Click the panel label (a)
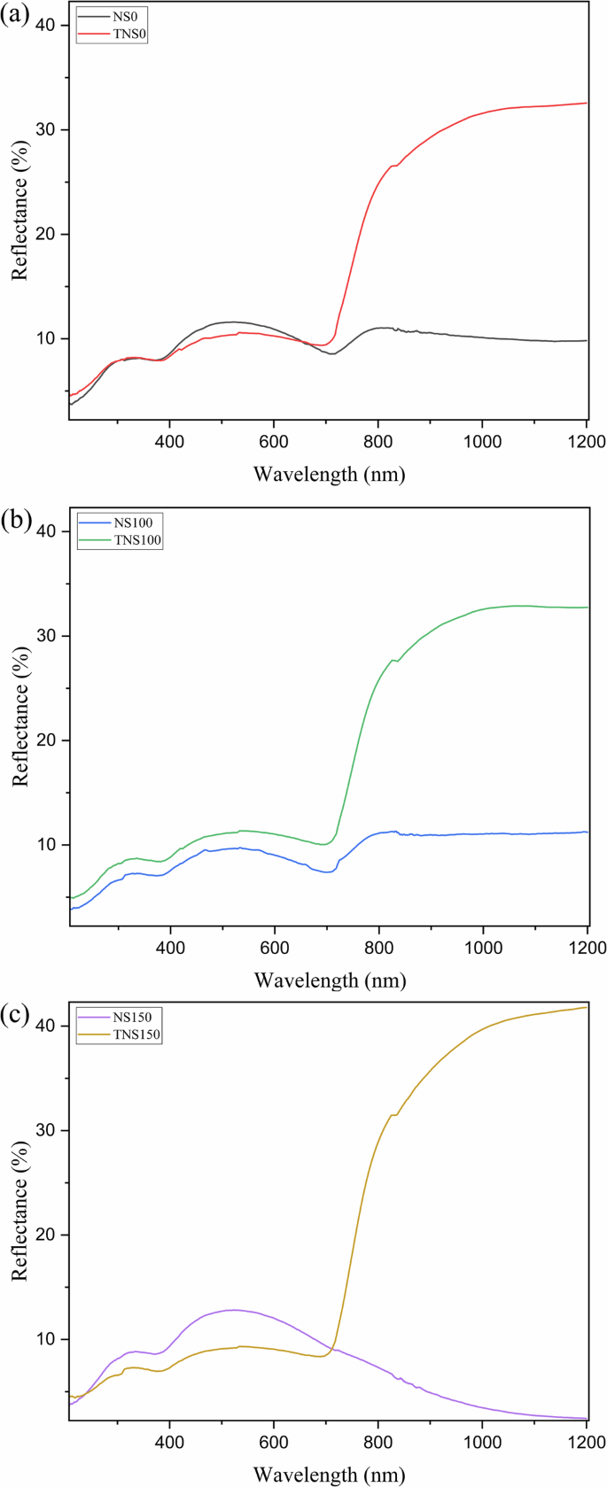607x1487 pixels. [x=15, y=15]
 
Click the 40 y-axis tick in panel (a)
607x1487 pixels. [x=45, y=26]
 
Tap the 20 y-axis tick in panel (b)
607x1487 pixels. [x=45, y=740]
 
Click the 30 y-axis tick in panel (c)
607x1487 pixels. [x=45, y=1130]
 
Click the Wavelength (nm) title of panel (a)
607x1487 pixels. [x=329, y=474]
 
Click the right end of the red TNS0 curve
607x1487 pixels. [x=586, y=103]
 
